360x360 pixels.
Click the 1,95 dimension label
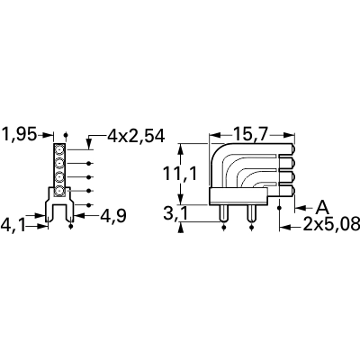coord(20,134)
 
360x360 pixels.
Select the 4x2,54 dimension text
coord(136,136)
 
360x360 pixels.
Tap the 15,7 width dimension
coord(250,134)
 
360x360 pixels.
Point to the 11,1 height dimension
coord(180,174)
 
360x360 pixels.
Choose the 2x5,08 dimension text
coord(331,224)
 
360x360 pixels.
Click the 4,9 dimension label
coord(112,215)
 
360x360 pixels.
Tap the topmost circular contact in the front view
coord(59,149)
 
